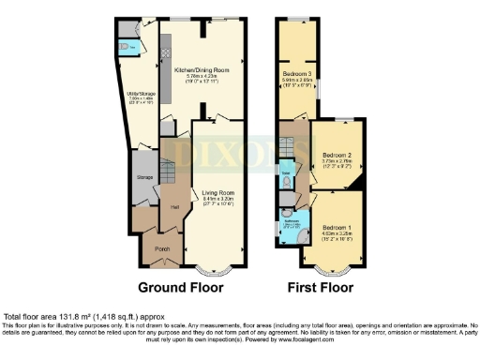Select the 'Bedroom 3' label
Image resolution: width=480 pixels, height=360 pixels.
(300, 72)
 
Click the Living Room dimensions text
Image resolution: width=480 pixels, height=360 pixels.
(218, 202)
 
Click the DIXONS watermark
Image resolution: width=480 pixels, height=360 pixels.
(240, 151)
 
